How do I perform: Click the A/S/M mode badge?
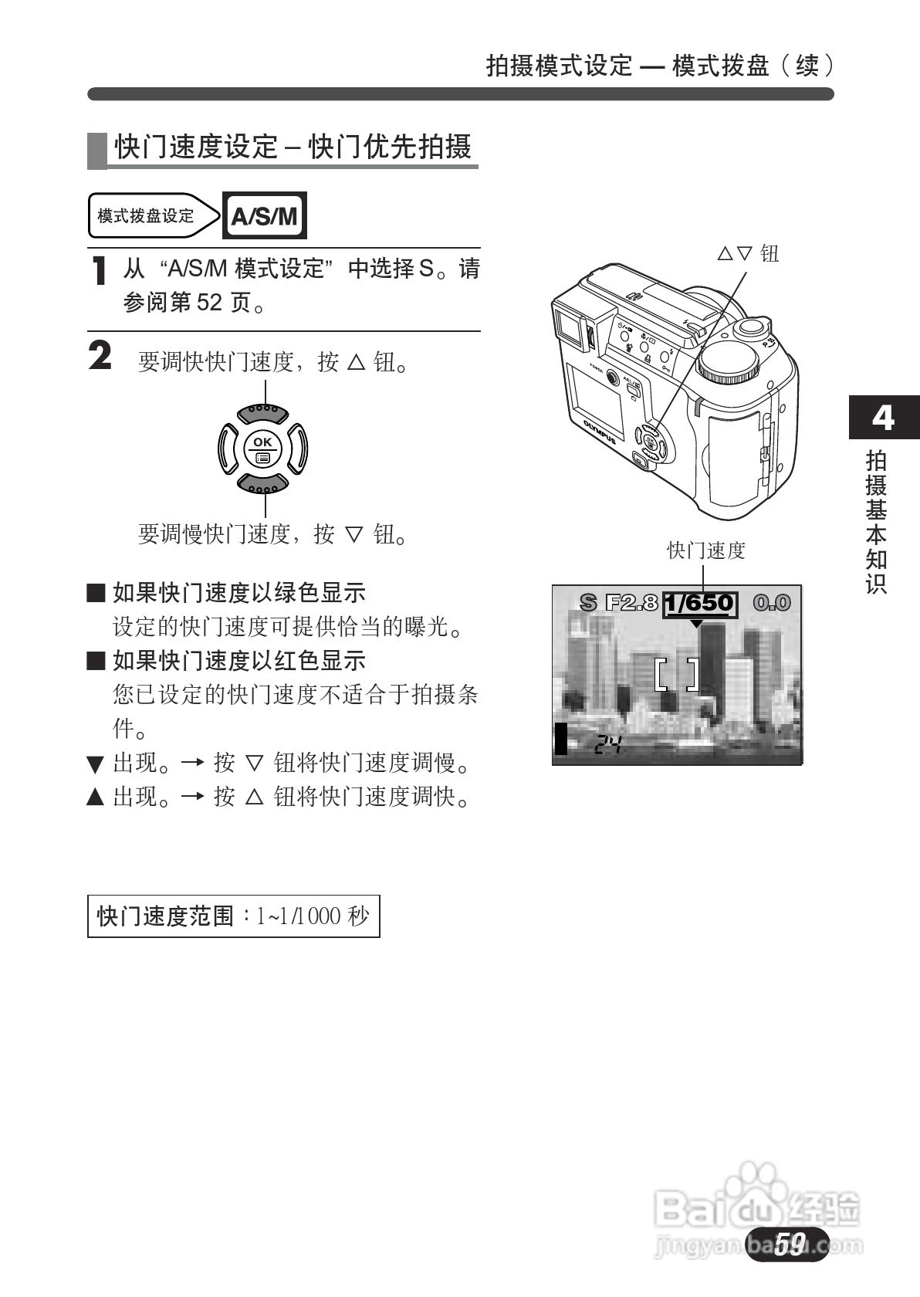click(264, 215)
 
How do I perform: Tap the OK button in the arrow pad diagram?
click(263, 448)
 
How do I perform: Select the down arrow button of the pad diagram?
click(263, 484)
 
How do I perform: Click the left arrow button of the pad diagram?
click(227, 448)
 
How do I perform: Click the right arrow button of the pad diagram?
click(299, 448)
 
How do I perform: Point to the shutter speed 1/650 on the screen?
click(700, 604)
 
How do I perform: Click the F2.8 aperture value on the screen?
click(631, 603)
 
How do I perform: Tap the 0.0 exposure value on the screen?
click(772, 603)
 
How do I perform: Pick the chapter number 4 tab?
click(883, 418)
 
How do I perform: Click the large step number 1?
click(98, 271)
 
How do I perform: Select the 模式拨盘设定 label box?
click(147, 215)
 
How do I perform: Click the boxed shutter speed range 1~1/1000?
click(233, 916)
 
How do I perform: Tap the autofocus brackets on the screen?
click(677, 673)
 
